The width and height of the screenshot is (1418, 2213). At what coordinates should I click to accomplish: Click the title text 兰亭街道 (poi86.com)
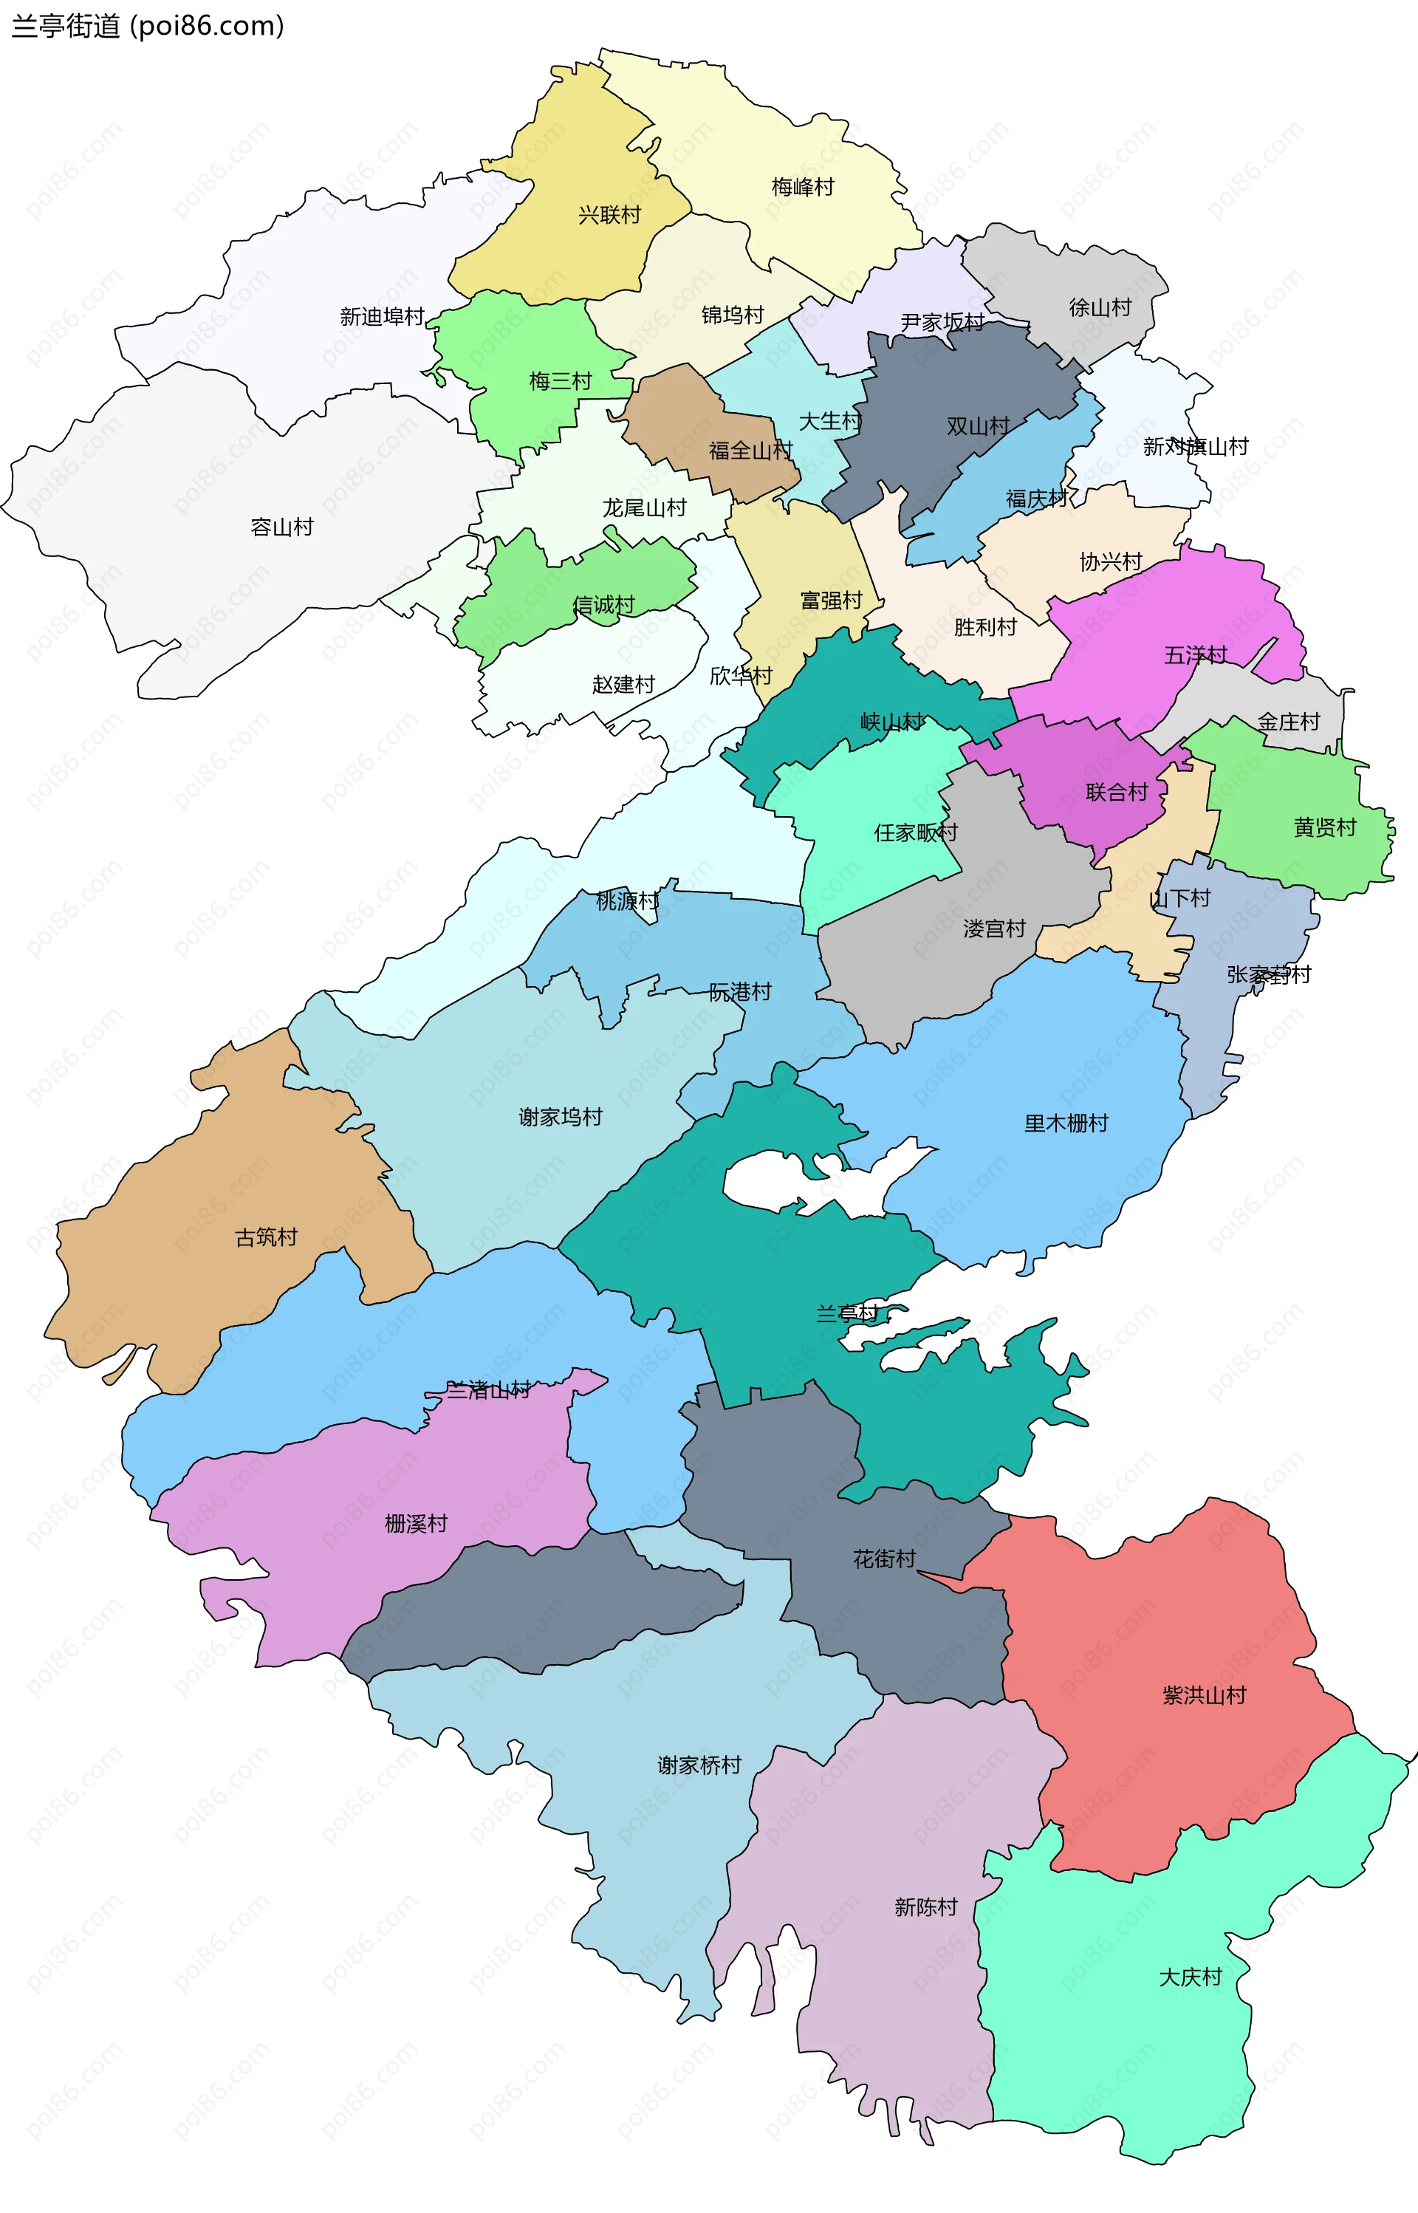point(147,26)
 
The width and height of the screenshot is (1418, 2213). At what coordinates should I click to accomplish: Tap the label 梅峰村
point(802,187)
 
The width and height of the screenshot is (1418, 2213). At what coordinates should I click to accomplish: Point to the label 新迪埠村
point(381,317)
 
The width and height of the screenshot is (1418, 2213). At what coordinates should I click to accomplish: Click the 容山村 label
point(282,527)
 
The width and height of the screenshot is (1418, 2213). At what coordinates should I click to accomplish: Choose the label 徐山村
point(1100,307)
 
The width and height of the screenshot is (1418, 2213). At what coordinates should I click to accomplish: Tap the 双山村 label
point(978,426)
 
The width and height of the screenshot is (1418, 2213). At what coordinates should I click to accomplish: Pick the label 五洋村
point(1195,654)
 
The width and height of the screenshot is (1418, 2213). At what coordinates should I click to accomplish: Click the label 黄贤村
point(1324,827)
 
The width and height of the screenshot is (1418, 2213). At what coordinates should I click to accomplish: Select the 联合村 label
point(1116,792)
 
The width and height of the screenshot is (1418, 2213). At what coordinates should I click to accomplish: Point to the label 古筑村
point(266,1237)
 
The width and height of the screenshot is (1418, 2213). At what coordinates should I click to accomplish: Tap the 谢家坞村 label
point(560,1117)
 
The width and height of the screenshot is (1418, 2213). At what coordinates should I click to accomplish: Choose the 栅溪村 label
point(415,1523)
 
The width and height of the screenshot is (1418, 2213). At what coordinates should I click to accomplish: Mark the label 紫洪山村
point(1204,1694)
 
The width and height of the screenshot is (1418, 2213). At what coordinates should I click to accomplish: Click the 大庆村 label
point(1190,1977)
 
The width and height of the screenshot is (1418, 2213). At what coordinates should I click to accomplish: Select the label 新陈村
point(925,1906)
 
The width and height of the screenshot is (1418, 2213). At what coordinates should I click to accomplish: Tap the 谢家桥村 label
point(699,1765)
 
